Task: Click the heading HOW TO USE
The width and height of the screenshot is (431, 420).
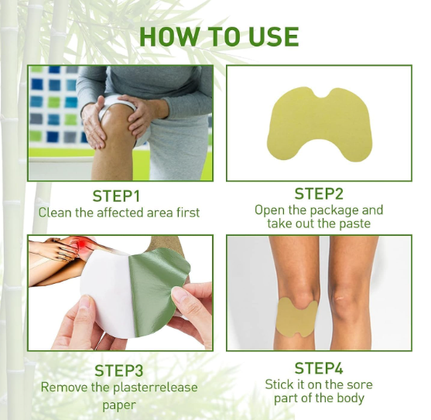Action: coord(219,36)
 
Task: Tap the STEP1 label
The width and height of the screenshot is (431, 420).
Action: coord(119,196)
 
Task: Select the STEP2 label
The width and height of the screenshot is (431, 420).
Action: coord(319,194)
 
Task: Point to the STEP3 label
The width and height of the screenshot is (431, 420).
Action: coord(119,370)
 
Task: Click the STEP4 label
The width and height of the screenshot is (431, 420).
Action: coord(319,368)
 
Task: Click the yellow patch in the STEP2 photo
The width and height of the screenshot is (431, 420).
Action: coord(319,124)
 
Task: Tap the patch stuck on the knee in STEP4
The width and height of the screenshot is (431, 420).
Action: coord(296,315)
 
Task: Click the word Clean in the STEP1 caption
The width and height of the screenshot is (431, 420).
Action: coord(55,212)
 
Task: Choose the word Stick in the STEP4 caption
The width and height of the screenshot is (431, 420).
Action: coord(280,384)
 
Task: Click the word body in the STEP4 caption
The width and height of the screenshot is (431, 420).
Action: coord(348,398)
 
